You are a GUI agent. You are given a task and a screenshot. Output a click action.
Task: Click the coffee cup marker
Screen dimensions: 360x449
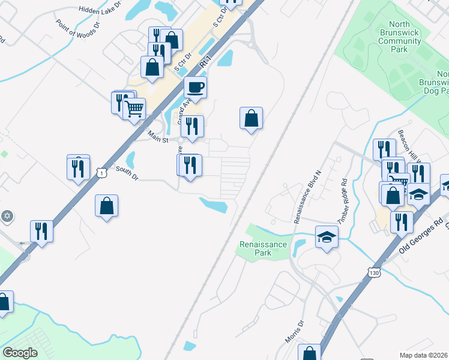pos(195,88)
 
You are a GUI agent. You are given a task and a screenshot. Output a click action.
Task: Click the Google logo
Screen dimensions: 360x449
pos(20,352)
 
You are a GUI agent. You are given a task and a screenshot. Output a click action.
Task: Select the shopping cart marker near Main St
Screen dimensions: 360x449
pos(134,109)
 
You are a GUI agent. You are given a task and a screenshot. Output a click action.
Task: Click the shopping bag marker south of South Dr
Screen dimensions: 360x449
pos(106,206)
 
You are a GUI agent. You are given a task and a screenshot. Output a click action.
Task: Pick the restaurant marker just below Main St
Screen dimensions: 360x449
pos(192,126)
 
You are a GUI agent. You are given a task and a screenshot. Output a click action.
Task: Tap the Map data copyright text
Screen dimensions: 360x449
pos(424,355)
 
